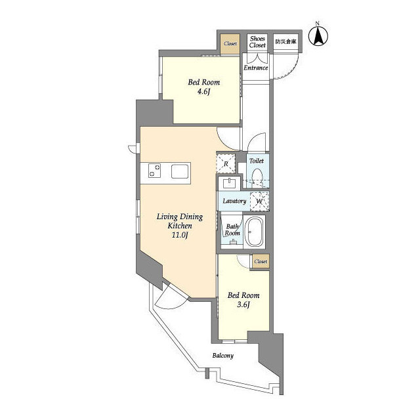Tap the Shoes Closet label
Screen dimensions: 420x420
pyautogui.click(x=257, y=42)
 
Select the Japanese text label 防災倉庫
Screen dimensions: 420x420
pyautogui.click(x=286, y=42)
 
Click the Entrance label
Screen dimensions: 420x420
pyautogui.click(x=255, y=68)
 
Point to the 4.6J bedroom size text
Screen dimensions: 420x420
pyautogui.click(x=204, y=92)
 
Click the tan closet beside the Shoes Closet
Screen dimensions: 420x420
pyautogui.click(x=230, y=44)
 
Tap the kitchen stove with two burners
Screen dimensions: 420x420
pyautogui.click(x=155, y=171)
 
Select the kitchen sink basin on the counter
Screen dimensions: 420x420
pyautogui.click(x=180, y=171)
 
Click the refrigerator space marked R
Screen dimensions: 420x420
pyautogui.click(x=226, y=163)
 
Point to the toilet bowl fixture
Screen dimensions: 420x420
pyautogui.click(x=258, y=177)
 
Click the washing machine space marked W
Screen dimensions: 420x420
pyautogui.click(x=259, y=201)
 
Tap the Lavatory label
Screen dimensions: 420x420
pyautogui.click(x=234, y=201)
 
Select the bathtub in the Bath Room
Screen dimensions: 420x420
pyautogui.click(x=255, y=232)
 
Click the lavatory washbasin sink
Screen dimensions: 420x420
pyautogui.click(x=229, y=184)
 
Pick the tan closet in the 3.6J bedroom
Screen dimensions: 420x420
pyautogui.click(x=261, y=261)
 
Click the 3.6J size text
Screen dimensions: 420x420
pyautogui.click(x=243, y=304)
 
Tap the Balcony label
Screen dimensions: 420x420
pyautogui.click(x=223, y=356)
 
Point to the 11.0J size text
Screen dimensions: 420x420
pyautogui.click(x=180, y=236)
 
